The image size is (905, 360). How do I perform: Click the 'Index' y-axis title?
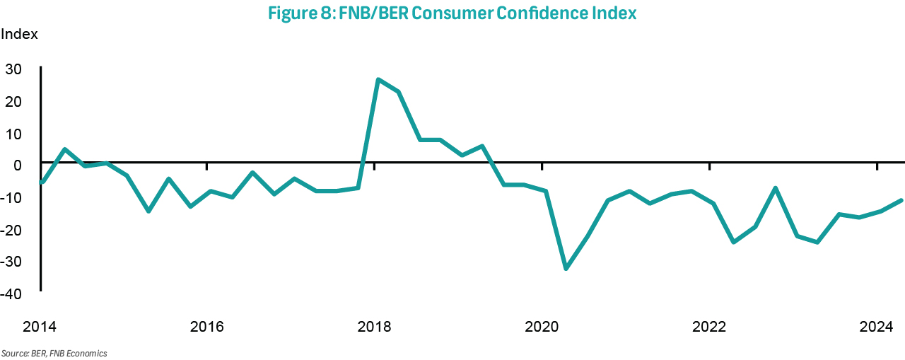tap(19, 33)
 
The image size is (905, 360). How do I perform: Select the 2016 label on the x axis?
tap(206, 327)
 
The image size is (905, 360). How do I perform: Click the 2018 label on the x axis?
tap(374, 327)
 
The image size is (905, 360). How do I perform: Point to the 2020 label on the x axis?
tap(542, 327)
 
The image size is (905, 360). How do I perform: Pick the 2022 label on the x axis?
tap(709, 327)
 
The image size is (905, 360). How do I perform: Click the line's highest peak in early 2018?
tap(378, 79)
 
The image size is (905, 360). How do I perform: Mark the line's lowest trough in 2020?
tap(566, 269)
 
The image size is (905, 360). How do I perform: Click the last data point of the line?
tap(901, 200)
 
